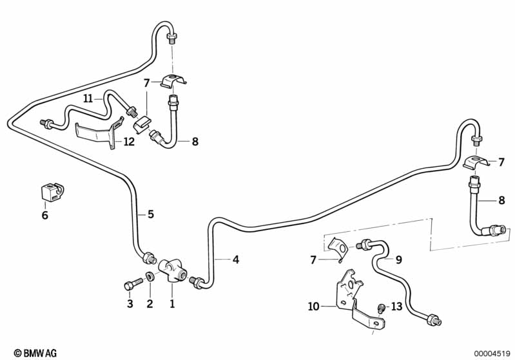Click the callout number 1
pyautogui.click(x=172, y=303)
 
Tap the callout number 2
pyautogui.click(x=150, y=303)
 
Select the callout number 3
pyautogui.click(x=130, y=303)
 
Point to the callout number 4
pyautogui.click(x=236, y=260)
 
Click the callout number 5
pyautogui.click(x=151, y=214)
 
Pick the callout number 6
pyautogui.click(x=45, y=215)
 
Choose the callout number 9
pyautogui.click(x=398, y=260)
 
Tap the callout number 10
pyautogui.click(x=314, y=307)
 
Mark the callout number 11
pyautogui.click(x=88, y=98)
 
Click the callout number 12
pyautogui.click(x=130, y=142)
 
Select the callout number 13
pyautogui.click(x=396, y=307)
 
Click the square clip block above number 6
pyautogui.click(x=50, y=191)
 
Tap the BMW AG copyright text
pyautogui.click(x=30, y=353)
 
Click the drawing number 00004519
pyautogui.click(x=492, y=353)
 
